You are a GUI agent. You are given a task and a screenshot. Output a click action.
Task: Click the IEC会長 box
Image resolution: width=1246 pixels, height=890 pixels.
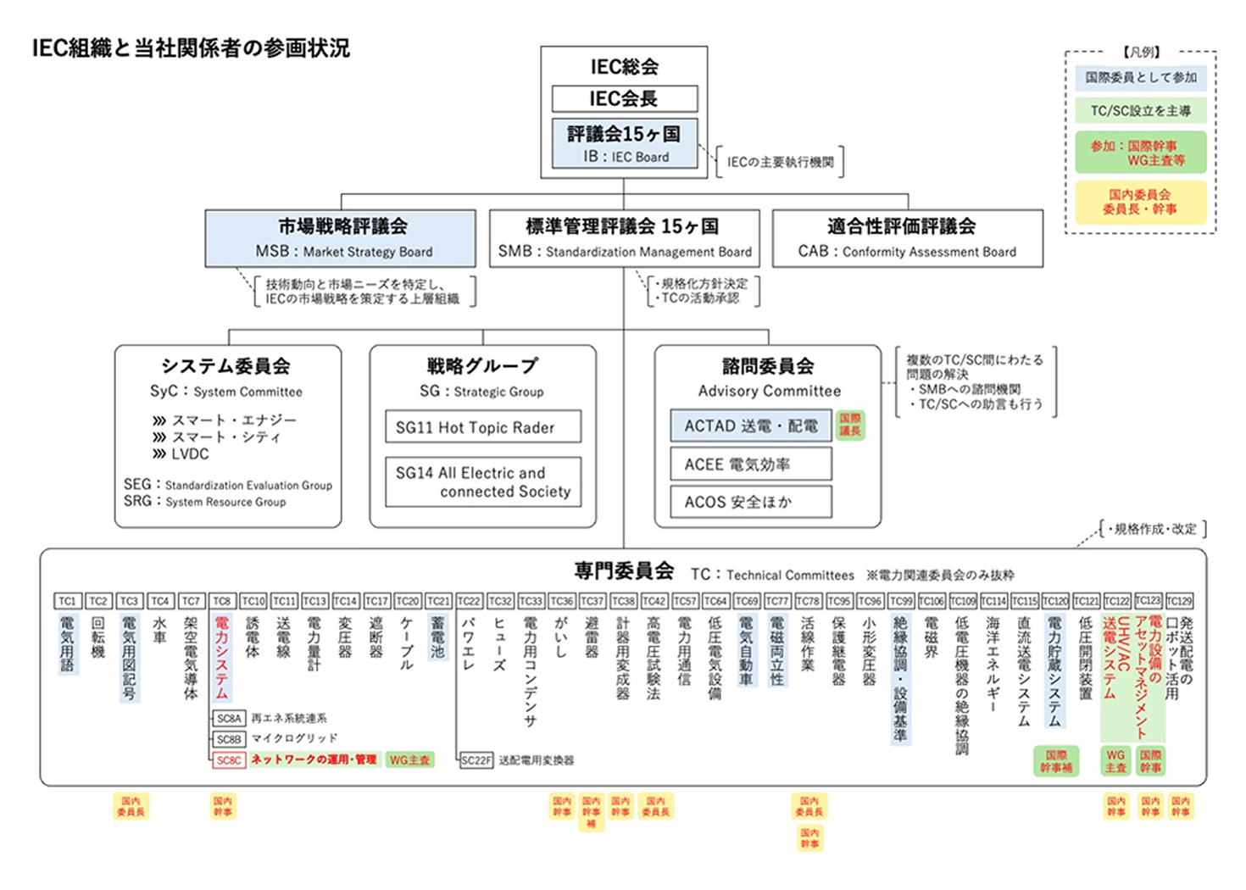click(624, 98)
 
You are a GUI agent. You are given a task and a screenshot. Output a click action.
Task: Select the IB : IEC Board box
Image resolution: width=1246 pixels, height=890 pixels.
click(624, 143)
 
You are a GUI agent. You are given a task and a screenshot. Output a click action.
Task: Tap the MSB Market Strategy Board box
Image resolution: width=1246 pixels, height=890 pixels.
click(340, 238)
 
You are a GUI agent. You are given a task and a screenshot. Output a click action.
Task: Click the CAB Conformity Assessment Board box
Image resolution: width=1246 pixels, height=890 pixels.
click(907, 238)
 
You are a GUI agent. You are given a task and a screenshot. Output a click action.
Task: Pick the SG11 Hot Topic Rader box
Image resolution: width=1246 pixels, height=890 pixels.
click(483, 427)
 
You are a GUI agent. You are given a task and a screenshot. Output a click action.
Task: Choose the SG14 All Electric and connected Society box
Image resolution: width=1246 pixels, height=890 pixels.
click(483, 481)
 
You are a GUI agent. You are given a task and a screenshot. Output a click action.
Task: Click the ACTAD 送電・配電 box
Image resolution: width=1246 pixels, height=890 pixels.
click(750, 426)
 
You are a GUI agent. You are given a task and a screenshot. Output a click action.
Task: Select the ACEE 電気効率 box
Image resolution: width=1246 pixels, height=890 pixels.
click(750, 464)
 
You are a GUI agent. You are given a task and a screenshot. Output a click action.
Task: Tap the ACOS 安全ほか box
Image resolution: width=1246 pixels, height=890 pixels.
click(750, 502)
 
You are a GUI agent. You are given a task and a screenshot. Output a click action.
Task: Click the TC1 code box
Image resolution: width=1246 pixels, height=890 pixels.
click(67, 601)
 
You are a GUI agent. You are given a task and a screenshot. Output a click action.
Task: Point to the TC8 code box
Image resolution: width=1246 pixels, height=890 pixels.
click(221, 601)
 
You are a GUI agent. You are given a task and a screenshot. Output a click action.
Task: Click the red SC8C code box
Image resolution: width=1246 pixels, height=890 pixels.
click(229, 760)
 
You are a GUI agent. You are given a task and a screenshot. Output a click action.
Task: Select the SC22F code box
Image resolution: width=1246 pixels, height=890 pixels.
click(476, 760)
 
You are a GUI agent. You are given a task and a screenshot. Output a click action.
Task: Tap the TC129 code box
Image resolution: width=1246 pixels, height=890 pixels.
click(1178, 601)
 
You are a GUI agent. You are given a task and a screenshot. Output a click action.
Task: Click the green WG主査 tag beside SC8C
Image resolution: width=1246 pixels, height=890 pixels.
click(409, 760)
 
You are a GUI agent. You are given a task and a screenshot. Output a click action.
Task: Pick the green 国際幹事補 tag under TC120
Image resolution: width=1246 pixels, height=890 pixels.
click(1055, 761)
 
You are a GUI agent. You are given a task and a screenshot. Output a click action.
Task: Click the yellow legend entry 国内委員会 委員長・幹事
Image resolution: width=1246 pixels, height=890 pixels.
click(1140, 202)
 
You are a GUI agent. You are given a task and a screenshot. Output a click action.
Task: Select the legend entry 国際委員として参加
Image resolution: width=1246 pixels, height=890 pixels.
click(1140, 77)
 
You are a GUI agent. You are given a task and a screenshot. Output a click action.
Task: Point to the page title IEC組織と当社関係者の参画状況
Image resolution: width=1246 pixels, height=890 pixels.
click(191, 48)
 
